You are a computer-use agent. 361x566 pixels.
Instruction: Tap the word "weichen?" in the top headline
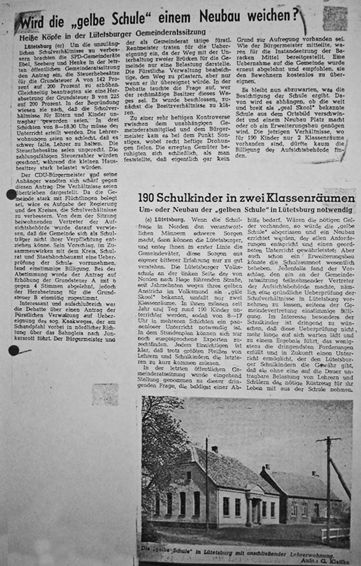pyautogui.click(x=270, y=16)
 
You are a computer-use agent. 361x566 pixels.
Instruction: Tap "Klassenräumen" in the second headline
pyautogui.click(x=313, y=198)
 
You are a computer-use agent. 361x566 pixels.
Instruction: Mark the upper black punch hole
pyautogui.click(x=12, y=195)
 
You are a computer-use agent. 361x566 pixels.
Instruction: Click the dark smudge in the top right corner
pyautogui.click(x=335, y=18)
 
